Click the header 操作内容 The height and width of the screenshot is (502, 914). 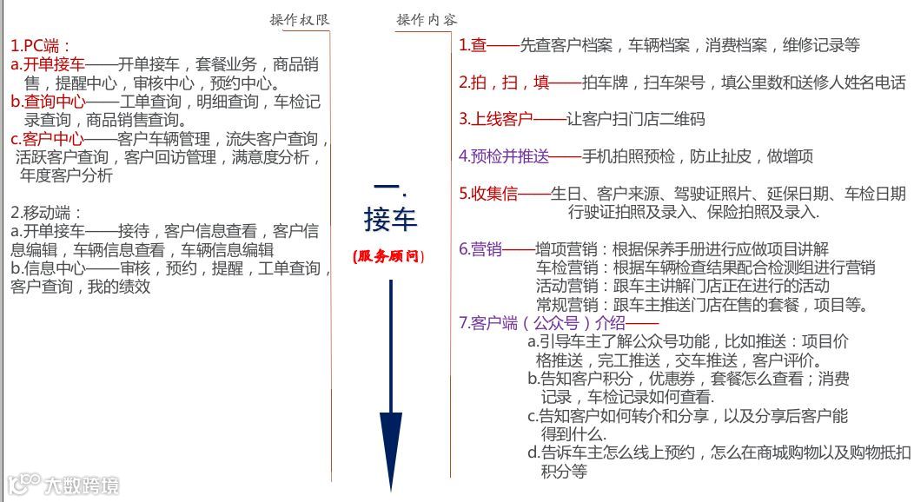[427, 20]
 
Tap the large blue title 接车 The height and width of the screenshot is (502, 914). [390, 219]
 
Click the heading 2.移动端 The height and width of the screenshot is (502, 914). [46, 212]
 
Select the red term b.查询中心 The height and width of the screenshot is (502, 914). [49, 102]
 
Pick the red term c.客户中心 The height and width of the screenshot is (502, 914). [48, 139]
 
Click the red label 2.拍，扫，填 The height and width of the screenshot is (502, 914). [504, 83]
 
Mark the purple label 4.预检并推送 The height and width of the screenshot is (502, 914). [504, 156]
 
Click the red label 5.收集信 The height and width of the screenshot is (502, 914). [488, 194]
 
